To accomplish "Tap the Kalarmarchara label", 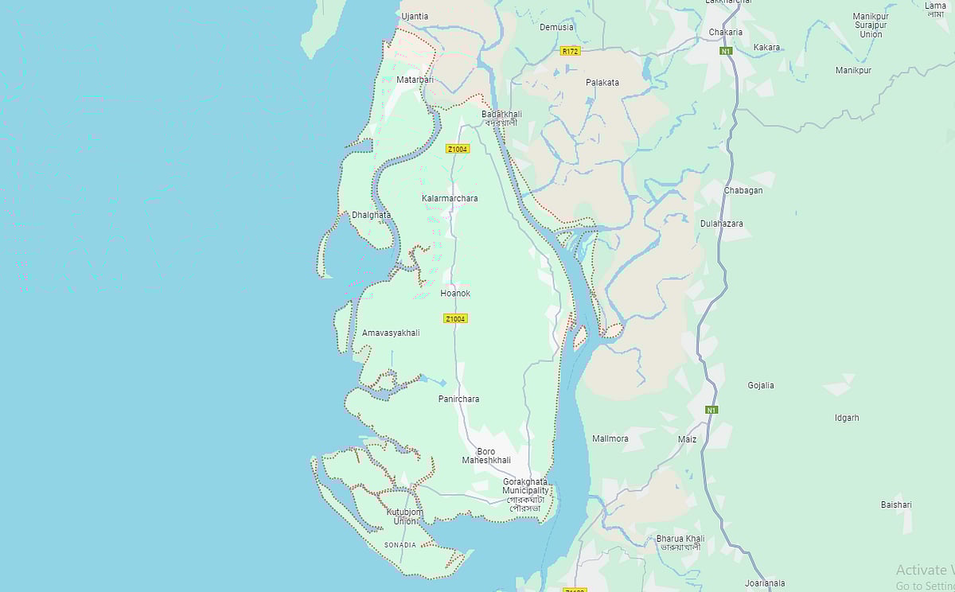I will click(450, 198).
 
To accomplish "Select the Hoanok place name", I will click(455, 294).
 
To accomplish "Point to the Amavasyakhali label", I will click(390, 333).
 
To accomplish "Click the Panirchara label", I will click(458, 399).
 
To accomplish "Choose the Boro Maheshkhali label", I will click(486, 456).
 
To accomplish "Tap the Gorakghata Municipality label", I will click(525, 486).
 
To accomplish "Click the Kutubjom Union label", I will click(404, 516).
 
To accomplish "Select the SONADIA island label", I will click(400, 545).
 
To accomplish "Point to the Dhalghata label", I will click(371, 215).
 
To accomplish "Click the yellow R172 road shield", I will click(570, 51).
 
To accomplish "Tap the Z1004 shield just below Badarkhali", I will click(458, 149).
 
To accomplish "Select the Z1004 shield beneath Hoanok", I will click(455, 318).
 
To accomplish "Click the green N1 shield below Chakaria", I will click(726, 51).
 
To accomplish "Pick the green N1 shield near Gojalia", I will click(711, 411).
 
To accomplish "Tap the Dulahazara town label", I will click(721, 224).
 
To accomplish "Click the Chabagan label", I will click(743, 191).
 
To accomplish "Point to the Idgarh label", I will click(824, 418).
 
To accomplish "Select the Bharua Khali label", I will click(680, 543).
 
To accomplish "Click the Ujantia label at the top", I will click(415, 17).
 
